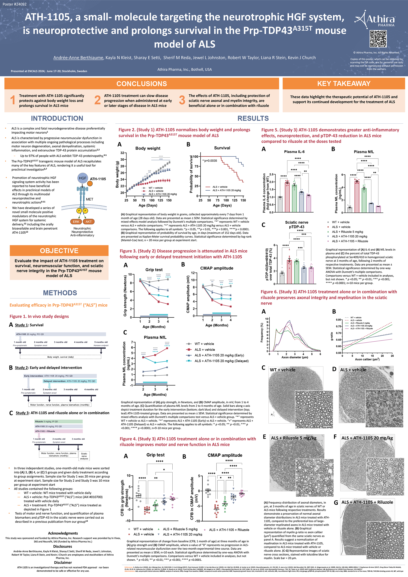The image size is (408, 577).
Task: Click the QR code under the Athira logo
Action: coord(378,39)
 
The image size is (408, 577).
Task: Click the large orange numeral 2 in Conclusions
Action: coord(97,100)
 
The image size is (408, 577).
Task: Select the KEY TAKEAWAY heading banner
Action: coord(343,84)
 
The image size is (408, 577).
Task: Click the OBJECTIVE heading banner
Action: coord(59,251)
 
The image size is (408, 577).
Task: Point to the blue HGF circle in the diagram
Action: coord(82,178)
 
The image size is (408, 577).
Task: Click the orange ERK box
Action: coord(76,222)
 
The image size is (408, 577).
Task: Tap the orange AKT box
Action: coord(88,222)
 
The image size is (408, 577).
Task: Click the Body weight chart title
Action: coord(148,148)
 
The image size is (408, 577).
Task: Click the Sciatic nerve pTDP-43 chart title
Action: coord(297,224)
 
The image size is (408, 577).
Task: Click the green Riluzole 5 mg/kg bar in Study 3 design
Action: coord(59,421)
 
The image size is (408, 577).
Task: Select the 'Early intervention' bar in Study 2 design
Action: coord(60,376)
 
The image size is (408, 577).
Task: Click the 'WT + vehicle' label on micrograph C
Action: coord(282,370)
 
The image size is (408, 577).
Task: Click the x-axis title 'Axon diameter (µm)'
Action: coord(295,357)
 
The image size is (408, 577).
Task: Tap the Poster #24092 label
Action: coord(14,4)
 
